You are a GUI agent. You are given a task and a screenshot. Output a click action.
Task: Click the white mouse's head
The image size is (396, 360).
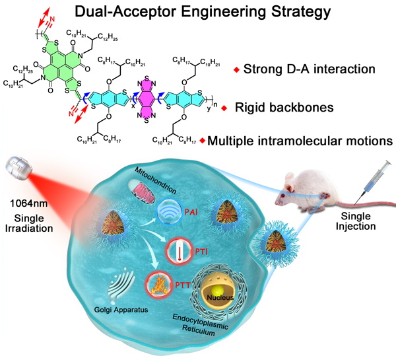pos(290,187)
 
